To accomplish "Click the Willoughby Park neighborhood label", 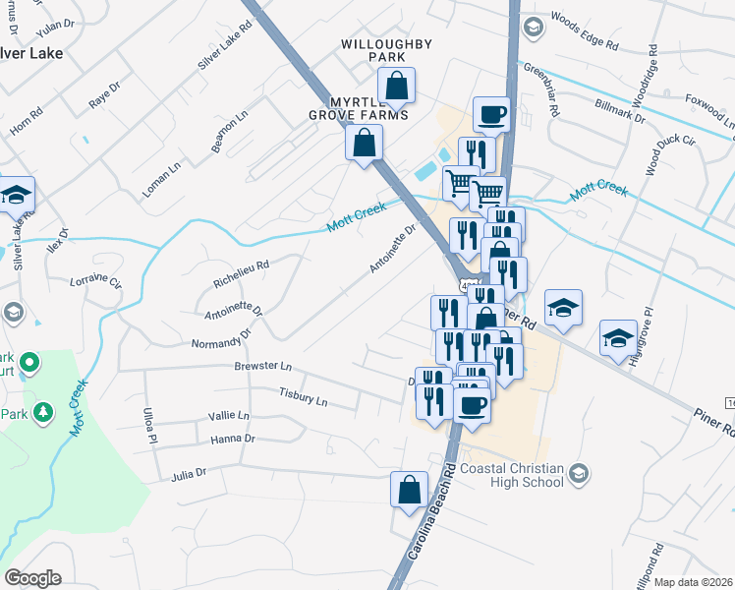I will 372,50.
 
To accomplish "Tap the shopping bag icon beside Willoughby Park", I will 396,88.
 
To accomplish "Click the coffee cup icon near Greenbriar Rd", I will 491,114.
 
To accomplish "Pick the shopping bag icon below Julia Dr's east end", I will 409,490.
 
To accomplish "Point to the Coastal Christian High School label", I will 509,475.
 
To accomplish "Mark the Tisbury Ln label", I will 304,399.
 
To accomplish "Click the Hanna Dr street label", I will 233,439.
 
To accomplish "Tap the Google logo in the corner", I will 32,577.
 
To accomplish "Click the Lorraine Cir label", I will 95,282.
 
